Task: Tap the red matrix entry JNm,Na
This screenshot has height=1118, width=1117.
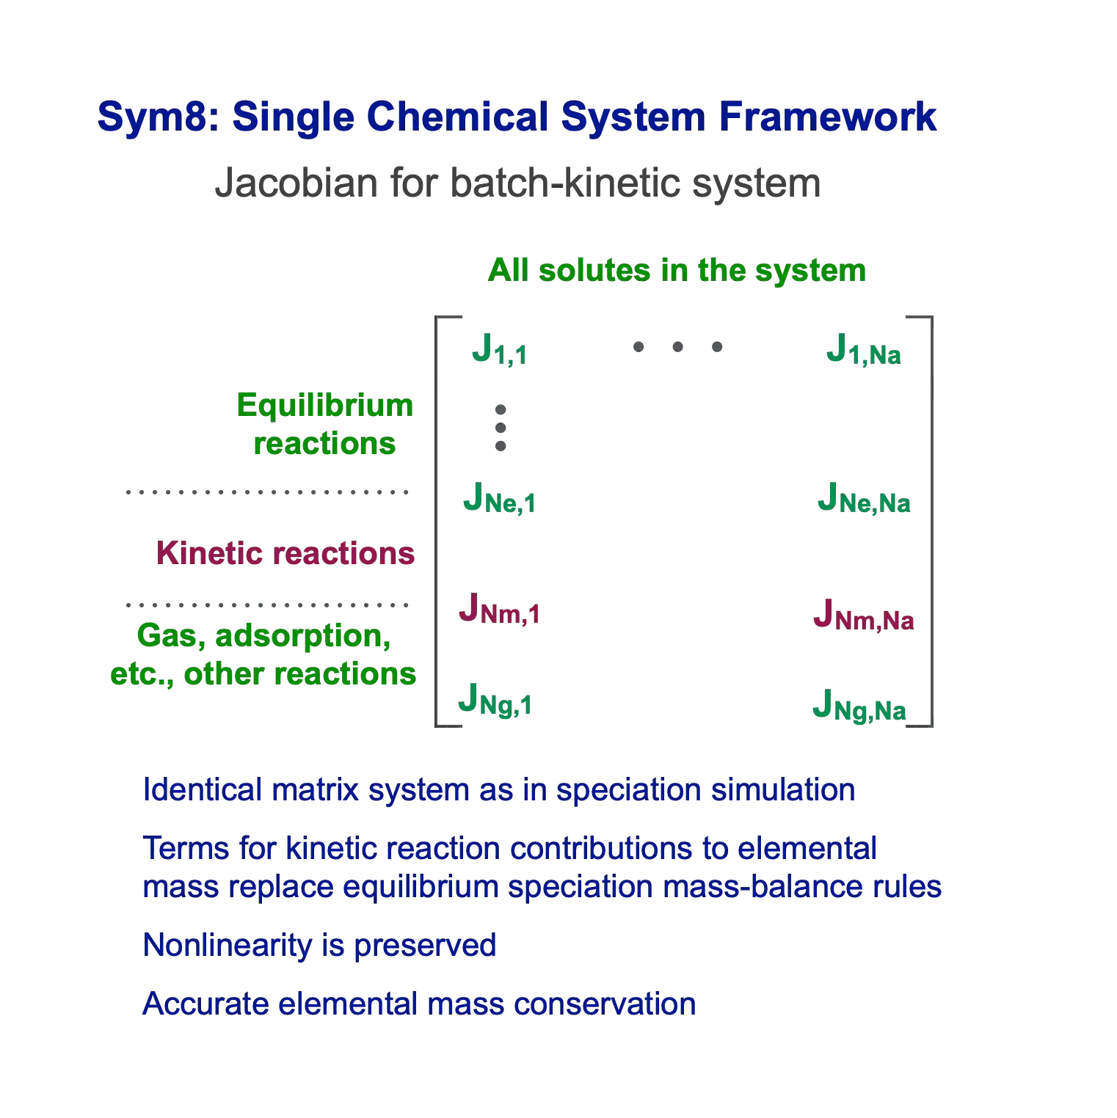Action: click(x=864, y=615)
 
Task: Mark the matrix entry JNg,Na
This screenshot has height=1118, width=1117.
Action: click(x=859, y=706)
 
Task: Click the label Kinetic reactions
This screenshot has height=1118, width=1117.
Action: click(x=285, y=553)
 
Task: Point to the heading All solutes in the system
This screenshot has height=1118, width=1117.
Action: click(x=677, y=271)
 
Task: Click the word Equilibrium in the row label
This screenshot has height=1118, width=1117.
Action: click(x=325, y=406)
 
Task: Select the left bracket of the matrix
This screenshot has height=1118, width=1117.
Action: click(x=437, y=522)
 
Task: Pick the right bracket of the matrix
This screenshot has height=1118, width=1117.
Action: click(x=931, y=522)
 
